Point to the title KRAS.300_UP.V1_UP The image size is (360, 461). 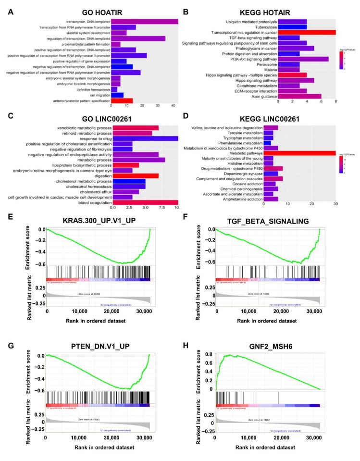coord(100,222)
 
